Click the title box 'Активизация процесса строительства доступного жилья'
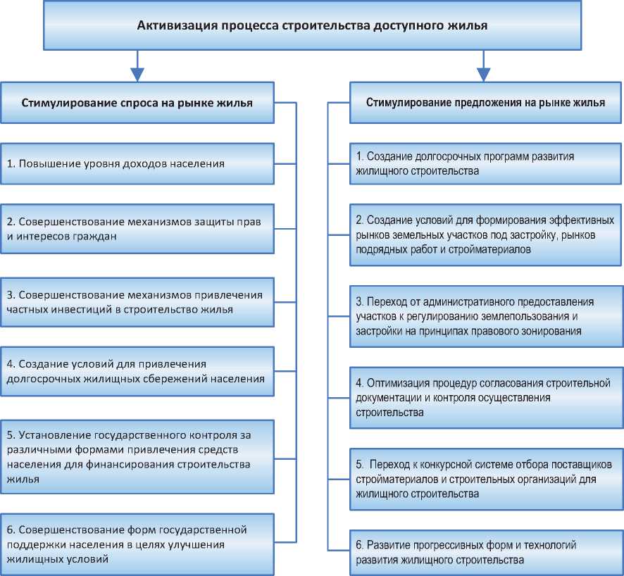pyautogui.click(x=311, y=27)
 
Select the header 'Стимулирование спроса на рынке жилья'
pyautogui.click(x=137, y=103)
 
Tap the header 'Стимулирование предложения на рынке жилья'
pyautogui.click(x=485, y=103)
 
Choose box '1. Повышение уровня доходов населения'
pyautogui.click(x=137, y=164)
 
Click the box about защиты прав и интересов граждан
pyautogui.click(x=137, y=229)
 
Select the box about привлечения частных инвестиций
pyautogui.click(x=137, y=301)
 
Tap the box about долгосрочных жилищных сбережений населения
pyautogui.click(x=137, y=371)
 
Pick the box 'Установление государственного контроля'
pyautogui.click(x=137, y=456)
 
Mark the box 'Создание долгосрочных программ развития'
pyautogui.click(x=485, y=164)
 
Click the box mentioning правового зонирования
pyautogui.click(x=485, y=316)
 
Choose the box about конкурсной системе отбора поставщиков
pyautogui.click(x=485, y=480)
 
